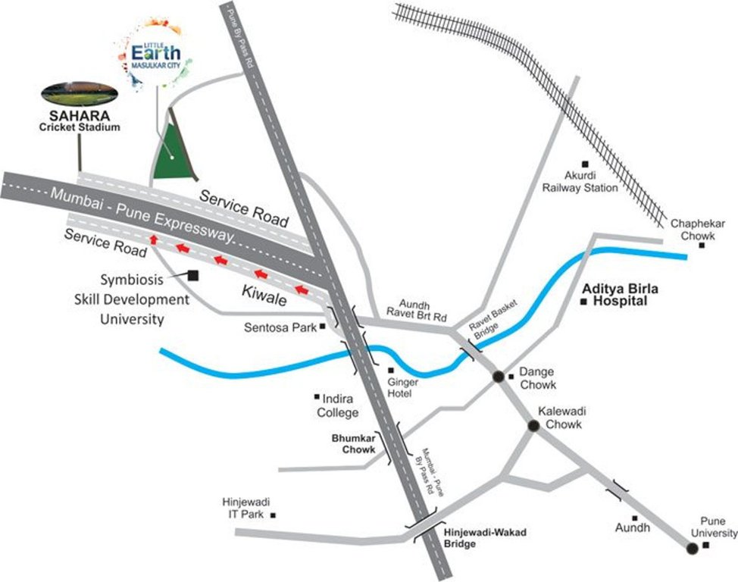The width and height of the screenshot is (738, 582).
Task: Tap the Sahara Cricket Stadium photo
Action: [x=79, y=93]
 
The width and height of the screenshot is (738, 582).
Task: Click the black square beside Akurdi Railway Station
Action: [x=583, y=164]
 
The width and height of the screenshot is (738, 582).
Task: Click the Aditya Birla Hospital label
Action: [x=621, y=295]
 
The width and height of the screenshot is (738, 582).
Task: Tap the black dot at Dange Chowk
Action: [x=499, y=376]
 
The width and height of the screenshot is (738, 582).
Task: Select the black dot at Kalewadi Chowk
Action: [x=533, y=426]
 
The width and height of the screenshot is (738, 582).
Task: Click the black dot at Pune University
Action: [x=692, y=549]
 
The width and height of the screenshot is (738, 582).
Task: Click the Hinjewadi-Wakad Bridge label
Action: [x=485, y=538]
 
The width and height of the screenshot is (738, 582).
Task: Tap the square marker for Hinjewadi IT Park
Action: [x=274, y=515]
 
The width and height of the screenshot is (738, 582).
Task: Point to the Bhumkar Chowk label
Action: [x=353, y=444]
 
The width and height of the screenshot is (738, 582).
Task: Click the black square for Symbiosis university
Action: [x=193, y=277]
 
